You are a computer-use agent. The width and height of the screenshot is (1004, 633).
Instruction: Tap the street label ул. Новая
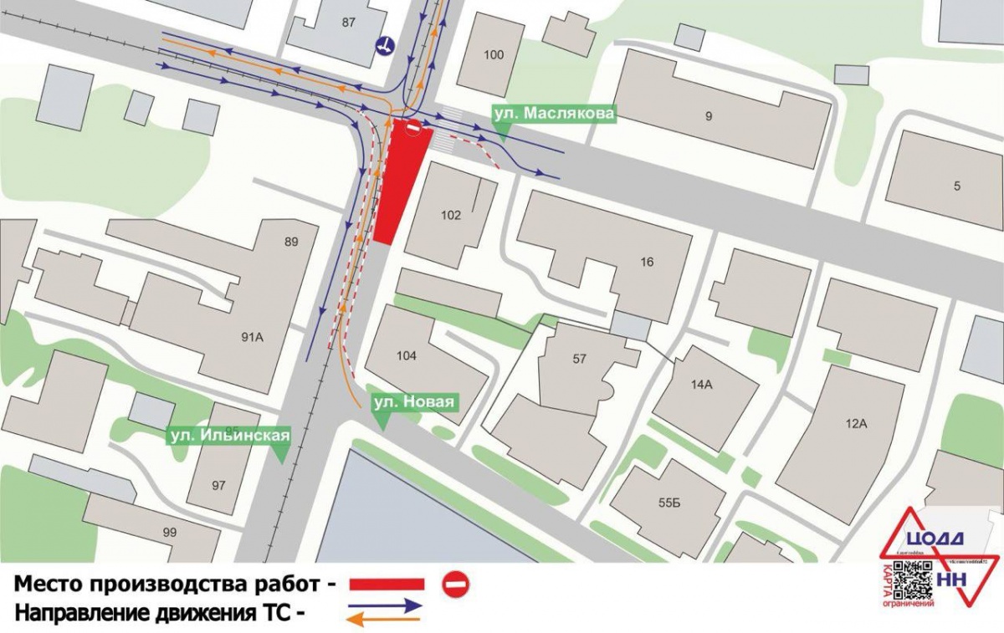(413, 403)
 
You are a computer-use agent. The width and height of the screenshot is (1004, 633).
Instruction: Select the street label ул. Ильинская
(230, 436)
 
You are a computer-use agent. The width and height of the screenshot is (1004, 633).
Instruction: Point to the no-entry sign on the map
(413, 127)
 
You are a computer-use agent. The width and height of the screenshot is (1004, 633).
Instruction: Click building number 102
(451, 215)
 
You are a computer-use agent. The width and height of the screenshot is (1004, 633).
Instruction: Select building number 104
(407, 355)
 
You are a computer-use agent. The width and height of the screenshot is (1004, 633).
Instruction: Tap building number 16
(647, 262)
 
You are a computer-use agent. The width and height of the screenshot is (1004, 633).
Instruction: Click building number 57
(579, 359)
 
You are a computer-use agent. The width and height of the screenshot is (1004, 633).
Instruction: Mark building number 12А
(855, 423)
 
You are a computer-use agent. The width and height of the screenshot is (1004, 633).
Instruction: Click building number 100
(494, 55)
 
